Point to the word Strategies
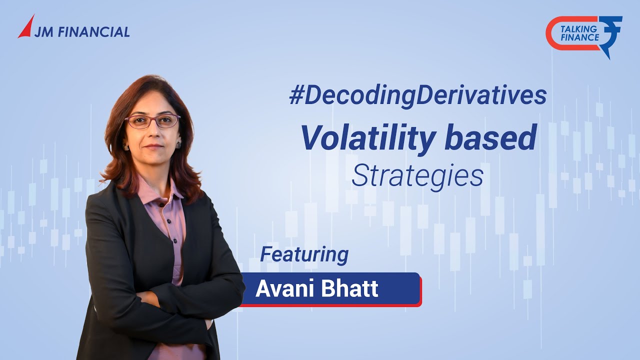point(417,176)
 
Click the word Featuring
point(304,254)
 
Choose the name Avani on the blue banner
point(280,289)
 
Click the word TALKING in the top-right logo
point(580,29)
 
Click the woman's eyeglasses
point(152,120)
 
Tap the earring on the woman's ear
point(178,144)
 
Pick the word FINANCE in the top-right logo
point(580,37)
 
